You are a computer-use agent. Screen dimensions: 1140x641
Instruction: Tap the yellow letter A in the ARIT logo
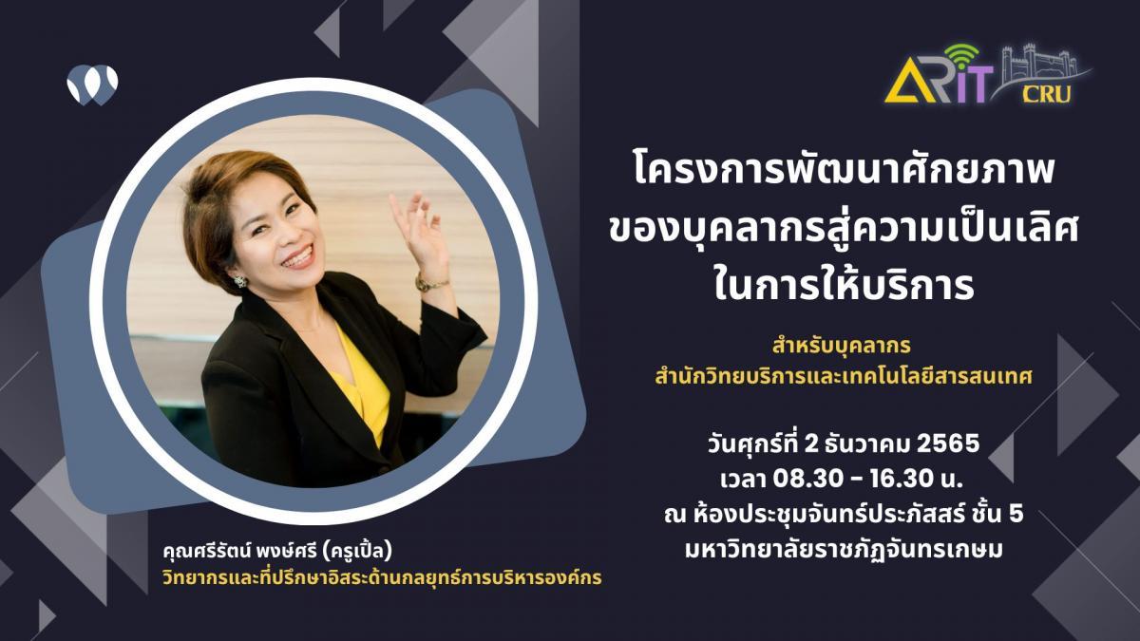tap(904, 82)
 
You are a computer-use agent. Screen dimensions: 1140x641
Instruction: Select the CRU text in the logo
tap(1046, 94)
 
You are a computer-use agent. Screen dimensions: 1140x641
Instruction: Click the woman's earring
tap(239, 280)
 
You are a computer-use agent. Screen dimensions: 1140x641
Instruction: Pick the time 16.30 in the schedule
tap(903, 479)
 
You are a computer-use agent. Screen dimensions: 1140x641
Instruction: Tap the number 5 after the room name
tap(1015, 514)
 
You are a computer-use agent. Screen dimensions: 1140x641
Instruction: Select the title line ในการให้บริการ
tap(843, 286)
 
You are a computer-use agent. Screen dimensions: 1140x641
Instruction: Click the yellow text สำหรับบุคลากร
tap(841, 346)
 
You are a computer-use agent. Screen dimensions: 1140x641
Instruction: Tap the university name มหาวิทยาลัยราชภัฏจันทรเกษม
tap(844, 551)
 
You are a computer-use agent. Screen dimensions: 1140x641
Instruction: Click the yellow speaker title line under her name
tap(382, 578)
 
